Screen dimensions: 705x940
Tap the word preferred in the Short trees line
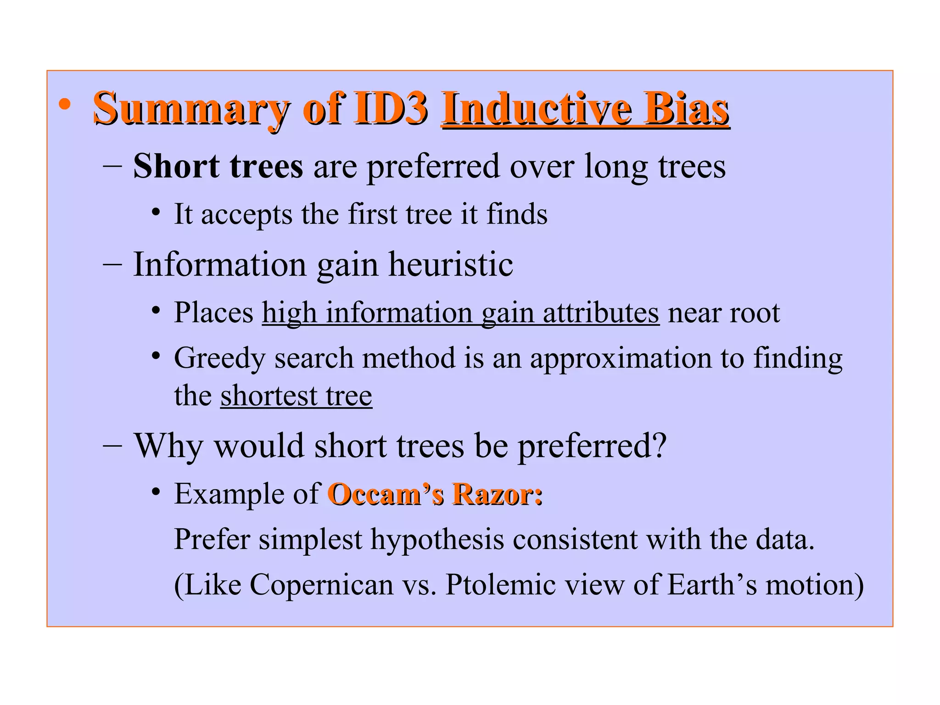pos(433,167)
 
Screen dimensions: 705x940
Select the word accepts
pos(246,214)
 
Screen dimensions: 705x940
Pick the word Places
pos(213,313)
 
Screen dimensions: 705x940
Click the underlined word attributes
pos(601,313)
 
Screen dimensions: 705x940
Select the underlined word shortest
pos(269,396)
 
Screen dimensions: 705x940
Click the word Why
pos(168,446)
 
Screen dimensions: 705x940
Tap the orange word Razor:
pos(497,494)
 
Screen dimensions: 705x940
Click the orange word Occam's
pos(386,494)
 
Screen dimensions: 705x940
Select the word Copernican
pos(321,585)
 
